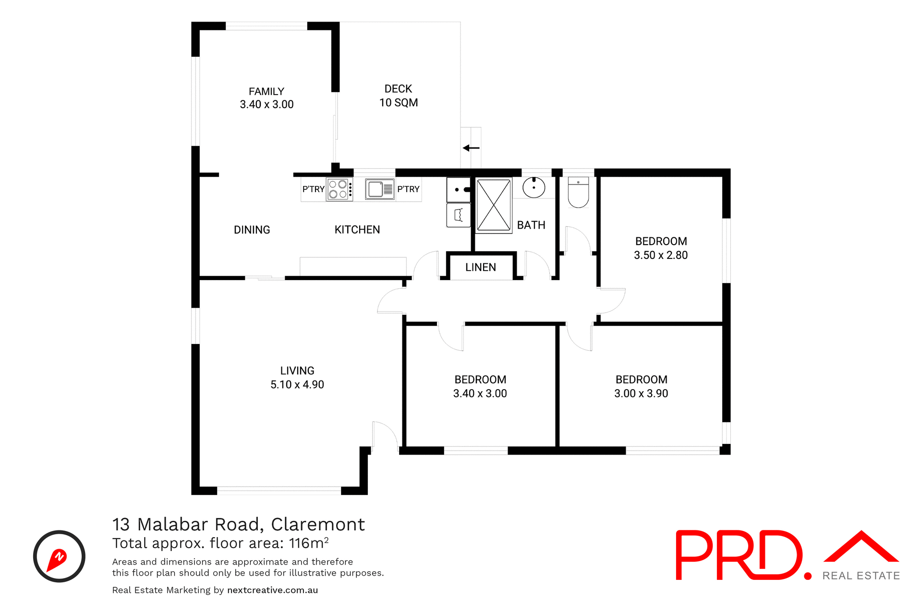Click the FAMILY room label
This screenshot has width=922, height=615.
[267, 91]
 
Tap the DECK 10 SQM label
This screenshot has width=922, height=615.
[398, 96]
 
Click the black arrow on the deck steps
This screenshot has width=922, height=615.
[471, 148]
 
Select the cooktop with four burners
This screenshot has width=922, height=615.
[338, 189]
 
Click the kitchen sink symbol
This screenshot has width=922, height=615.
[379, 189]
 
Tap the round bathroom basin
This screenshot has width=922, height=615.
[534, 187]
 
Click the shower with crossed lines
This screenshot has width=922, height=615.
[494, 205]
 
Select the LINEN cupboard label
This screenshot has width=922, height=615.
[480, 268]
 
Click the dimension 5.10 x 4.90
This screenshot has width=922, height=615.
[297, 385]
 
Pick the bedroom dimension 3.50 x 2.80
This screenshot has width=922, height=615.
[660, 256]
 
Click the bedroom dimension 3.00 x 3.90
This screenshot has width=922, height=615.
[641, 394]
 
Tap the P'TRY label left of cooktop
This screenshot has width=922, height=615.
[313, 189]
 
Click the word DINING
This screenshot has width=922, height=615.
[252, 230]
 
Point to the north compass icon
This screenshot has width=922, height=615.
[59, 556]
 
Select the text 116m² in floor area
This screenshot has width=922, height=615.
[308, 543]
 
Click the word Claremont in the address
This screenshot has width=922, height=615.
[317, 524]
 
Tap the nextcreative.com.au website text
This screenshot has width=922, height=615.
[272, 590]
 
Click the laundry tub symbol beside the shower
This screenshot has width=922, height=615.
[459, 215]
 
